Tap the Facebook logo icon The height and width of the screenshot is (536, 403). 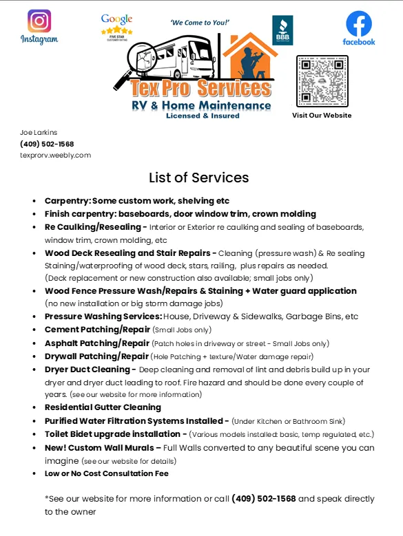[x=359, y=24]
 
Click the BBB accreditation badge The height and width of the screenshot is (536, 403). [x=282, y=31]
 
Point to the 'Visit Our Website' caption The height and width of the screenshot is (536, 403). [x=322, y=115]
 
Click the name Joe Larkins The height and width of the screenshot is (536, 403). [x=39, y=132]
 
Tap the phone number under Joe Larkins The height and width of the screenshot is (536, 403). [x=47, y=144]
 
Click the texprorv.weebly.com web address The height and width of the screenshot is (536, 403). [x=56, y=155]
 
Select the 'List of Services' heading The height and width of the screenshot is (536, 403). [x=199, y=178]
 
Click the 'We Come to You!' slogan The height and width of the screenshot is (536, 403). [x=199, y=23]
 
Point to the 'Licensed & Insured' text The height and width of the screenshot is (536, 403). [x=203, y=116]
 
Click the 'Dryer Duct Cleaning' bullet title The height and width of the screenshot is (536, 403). [x=87, y=369]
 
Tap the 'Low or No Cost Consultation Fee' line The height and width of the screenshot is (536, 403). [x=106, y=473]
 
